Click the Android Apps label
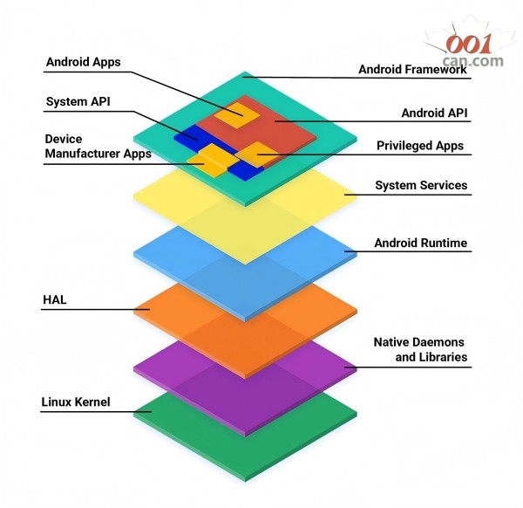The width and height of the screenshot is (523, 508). coord(83,62)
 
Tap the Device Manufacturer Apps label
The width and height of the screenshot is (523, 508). coord(97,147)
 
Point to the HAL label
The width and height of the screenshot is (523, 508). coord(55,300)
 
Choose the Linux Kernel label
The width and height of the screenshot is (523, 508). coord(76,403)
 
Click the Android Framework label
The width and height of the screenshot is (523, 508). coord(412,70)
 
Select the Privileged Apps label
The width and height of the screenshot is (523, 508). coord(420,146)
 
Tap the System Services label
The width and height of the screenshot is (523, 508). coord(421,185)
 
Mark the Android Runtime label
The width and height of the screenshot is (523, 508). coord(420,243)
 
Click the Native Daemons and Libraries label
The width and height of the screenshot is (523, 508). coord(420,350)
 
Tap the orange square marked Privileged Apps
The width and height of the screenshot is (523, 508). coord(257,154)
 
